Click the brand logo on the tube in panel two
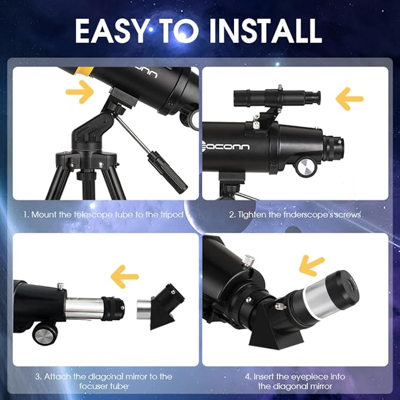pos(227,147)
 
